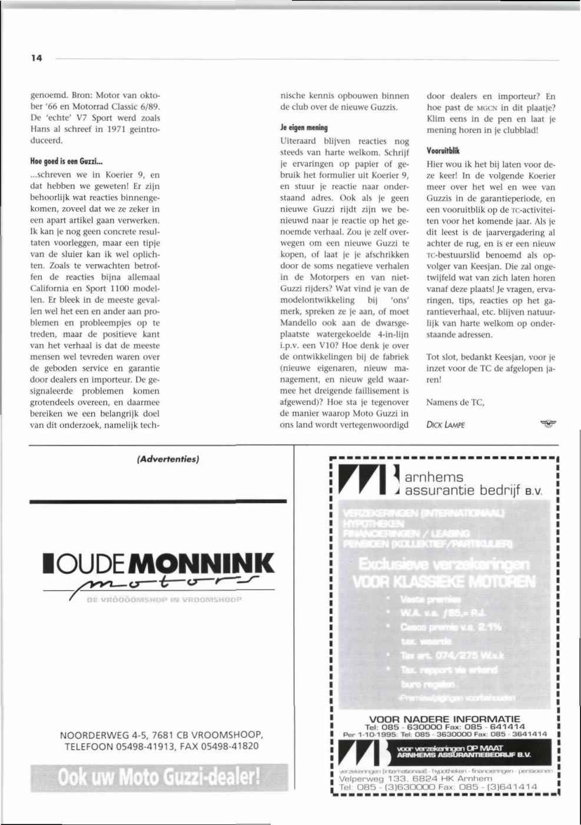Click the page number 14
click(x=36, y=58)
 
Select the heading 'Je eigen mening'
click(x=303, y=128)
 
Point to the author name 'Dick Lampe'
click(x=445, y=425)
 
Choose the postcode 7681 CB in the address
click(x=176, y=735)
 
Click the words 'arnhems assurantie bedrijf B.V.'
click(x=471, y=484)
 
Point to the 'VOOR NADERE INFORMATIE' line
click(x=444, y=718)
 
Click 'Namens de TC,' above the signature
click(x=455, y=402)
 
